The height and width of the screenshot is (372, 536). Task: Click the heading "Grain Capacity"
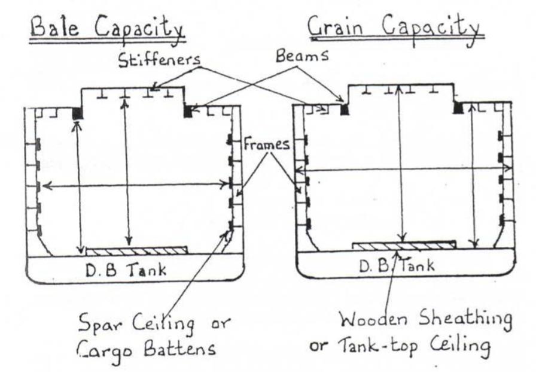(394, 27)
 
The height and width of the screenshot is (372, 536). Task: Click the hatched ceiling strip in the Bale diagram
(137, 250)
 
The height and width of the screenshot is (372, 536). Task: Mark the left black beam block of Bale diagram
(77, 113)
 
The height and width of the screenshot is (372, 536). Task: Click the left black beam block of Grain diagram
(345, 110)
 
